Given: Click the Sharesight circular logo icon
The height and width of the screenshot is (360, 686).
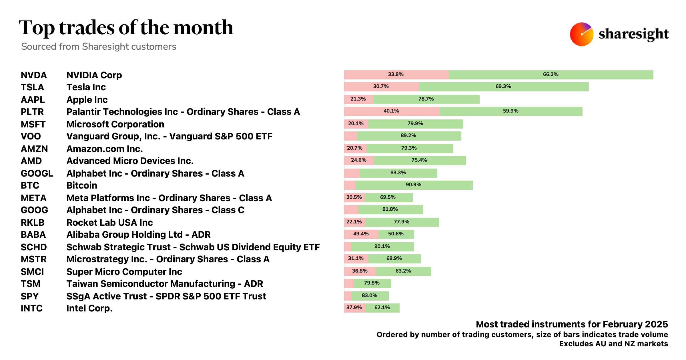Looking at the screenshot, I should [x=581, y=34].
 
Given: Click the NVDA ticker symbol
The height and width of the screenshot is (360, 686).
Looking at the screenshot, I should [x=34, y=75].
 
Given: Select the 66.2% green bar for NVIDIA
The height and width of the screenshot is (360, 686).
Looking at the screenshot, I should [x=551, y=75].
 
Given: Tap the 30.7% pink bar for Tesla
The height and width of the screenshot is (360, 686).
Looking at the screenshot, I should [x=381, y=87].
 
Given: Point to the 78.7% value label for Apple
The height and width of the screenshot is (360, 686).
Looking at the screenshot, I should [x=426, y=99].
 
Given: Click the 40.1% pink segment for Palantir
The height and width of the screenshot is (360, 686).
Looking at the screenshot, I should [x=391, y=111].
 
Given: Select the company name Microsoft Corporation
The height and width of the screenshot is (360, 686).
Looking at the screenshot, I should [x=115, y=124].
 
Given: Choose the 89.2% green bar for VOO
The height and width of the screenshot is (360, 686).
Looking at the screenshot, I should [x=408, y=136].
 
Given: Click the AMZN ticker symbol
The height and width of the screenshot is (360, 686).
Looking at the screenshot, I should [x=34, y=149].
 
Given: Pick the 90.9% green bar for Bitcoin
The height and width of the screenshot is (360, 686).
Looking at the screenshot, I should [x=414, y=185].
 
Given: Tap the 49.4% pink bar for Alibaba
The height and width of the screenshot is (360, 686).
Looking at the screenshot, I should [x=361, y=234].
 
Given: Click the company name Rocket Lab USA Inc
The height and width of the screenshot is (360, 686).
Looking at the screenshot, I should [x=109, y=223].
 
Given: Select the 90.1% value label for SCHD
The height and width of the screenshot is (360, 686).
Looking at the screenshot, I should [x=382, y=246].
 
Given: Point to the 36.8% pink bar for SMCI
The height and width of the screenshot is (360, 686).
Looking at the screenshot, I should [x=360, y=271].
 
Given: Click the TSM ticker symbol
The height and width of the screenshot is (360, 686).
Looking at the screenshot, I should [x=31, y=284].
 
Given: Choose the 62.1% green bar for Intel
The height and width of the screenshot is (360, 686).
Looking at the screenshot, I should [x=382, y=308].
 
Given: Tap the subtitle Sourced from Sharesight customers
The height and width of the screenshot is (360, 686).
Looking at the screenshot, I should [x=99, y=47].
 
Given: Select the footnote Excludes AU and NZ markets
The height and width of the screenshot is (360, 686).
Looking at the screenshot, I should [x=613, y=344].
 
